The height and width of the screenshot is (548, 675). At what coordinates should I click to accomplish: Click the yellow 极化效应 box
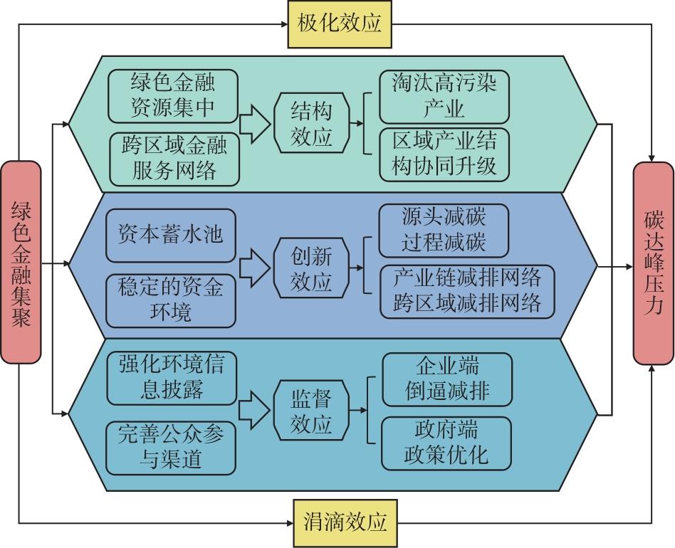pyautogui.click(x=340, y=24)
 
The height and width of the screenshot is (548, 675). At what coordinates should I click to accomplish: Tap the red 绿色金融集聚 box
pyautogui.click(x=21, y=263)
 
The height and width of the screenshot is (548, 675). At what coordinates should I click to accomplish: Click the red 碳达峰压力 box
pyautogui.click(x=653, y=263)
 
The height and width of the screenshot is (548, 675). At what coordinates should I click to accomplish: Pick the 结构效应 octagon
pyautogui.click(x=311, y=123)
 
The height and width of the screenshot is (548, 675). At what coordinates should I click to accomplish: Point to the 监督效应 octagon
pyautogui.click(x=311, y=411)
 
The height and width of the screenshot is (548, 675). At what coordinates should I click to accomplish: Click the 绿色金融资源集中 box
pyautogui.click(x=173, y=96)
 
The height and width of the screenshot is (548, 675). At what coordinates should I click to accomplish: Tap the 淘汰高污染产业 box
pyautogui.click(x=444, y=97)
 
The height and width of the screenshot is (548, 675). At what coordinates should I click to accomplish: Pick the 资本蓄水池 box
pyautogui.click(x=171, y=233)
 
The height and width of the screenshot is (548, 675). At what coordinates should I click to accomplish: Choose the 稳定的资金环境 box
pyautogui.click(x=171, y=300)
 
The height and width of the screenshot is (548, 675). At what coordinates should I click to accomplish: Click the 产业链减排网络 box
pyautogui.click(x=466, y=290)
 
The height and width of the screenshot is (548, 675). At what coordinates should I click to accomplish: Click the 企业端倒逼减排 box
pyautogui.click(x=447, y=379)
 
